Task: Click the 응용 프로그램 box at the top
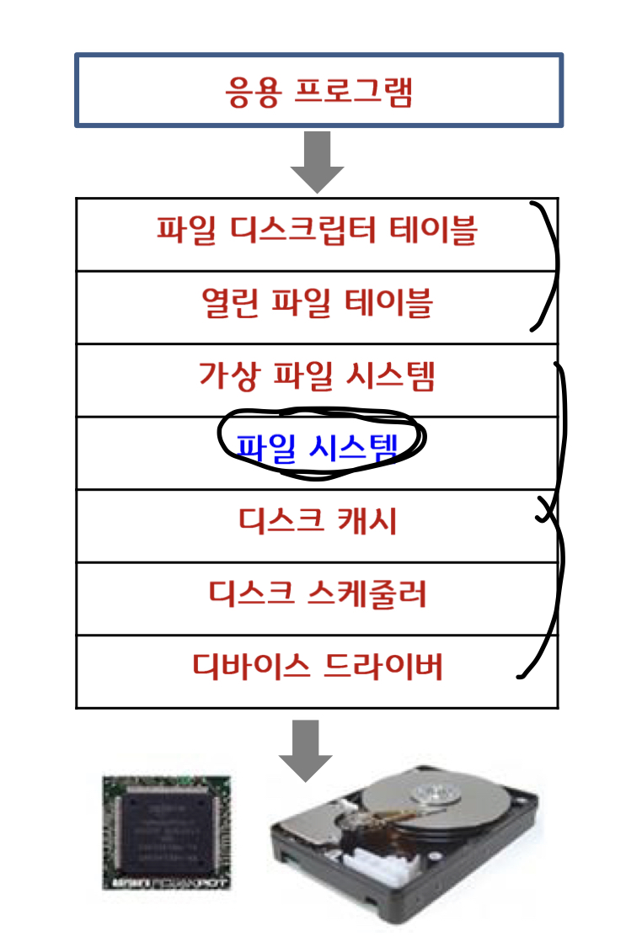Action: (318, 91)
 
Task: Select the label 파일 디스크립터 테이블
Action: (317, 230)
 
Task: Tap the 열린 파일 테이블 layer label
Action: (317, 303)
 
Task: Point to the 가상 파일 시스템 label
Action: (317, 375)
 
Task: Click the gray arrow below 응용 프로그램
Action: (318, 162)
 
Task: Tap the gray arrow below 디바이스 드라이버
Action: (306, 747)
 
